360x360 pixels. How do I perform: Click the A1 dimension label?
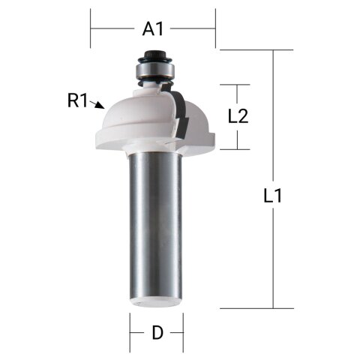pos(153,29)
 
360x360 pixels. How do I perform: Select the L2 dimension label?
pos(238,116)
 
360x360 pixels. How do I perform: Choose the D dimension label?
pos(157,333)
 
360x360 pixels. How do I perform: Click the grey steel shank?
pos(156,225)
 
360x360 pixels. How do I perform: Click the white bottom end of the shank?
pos(156,303)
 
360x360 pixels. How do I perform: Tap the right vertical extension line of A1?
pos(215,28)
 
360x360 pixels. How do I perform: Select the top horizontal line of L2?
pos(238,85)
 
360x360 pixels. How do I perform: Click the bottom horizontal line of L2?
pos(238,148)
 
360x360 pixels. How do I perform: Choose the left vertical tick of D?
pos(130,328)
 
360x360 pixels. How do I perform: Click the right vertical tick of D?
pos(183,328)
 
